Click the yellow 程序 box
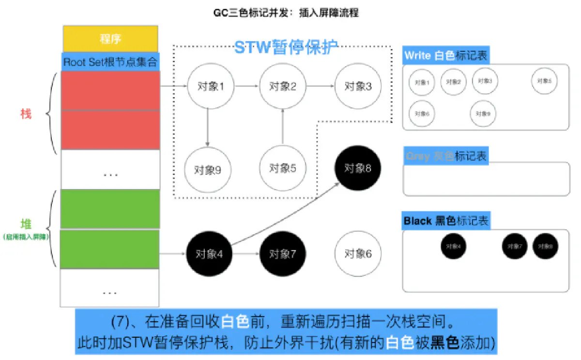click(110, 39)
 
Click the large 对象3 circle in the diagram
click(358, 87)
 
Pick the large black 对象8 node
click(358, 168)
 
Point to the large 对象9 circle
click(207, 170)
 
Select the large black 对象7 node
click(282, 254)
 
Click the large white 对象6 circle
click(358, 254)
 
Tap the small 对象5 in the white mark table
click(544, 81)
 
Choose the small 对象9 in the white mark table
click(482, 113)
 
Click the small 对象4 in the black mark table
click(453, 246)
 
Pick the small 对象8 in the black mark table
click(545, 246)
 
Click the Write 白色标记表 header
click(446, 56)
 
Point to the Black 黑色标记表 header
click(446, 221)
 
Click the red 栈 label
click(25, 114)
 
